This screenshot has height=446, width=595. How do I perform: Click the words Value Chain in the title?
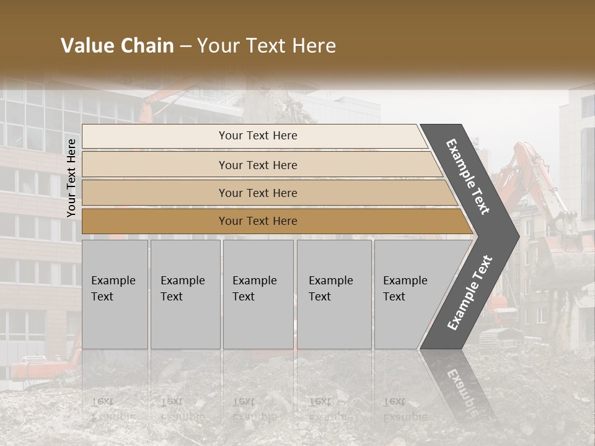point(117,46)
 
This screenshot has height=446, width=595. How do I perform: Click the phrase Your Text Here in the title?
point(267,46)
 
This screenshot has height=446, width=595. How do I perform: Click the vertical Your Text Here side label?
point(71,178)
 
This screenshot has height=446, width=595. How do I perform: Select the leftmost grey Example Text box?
point(115,294)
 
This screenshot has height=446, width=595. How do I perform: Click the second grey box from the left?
point(185,294)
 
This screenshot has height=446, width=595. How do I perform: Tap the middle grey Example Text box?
point(258,294)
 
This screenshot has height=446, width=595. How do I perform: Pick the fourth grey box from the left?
point(334,294)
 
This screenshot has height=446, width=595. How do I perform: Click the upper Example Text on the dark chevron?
point(468,177)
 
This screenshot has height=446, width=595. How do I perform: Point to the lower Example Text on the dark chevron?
point(470,292)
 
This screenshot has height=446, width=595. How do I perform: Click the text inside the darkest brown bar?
point(258,221)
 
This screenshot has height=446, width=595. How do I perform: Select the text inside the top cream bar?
point(258,136)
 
